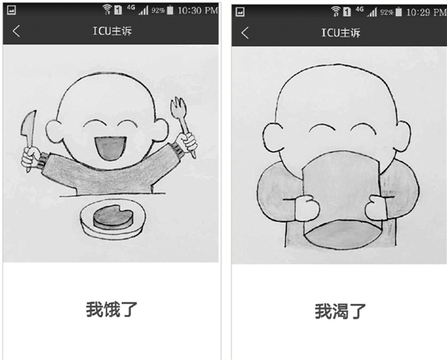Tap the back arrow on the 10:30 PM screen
tap(16, 31)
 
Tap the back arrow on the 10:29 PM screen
tap(245, 33)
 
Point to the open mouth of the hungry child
tap(111, 148)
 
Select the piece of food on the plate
tap(113, 217)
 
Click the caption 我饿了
tap(111, 310)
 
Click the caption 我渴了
tap(340, 311)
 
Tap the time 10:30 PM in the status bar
tap(197, 11)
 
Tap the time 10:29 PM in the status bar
tap(427, 12)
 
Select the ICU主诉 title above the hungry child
tap(112, 31)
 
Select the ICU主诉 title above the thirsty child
tap(341, 33)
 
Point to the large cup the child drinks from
tap(342, 200)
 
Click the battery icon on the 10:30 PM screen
tap(170, 11)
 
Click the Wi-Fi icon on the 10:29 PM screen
tap(336, 11)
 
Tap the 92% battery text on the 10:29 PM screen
tap(387, 12)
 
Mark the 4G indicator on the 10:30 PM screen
tap(131, 7)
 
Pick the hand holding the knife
tap(31, 157)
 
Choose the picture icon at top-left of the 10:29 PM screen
tap(240, 11)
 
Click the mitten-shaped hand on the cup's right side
tap(375, 207)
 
